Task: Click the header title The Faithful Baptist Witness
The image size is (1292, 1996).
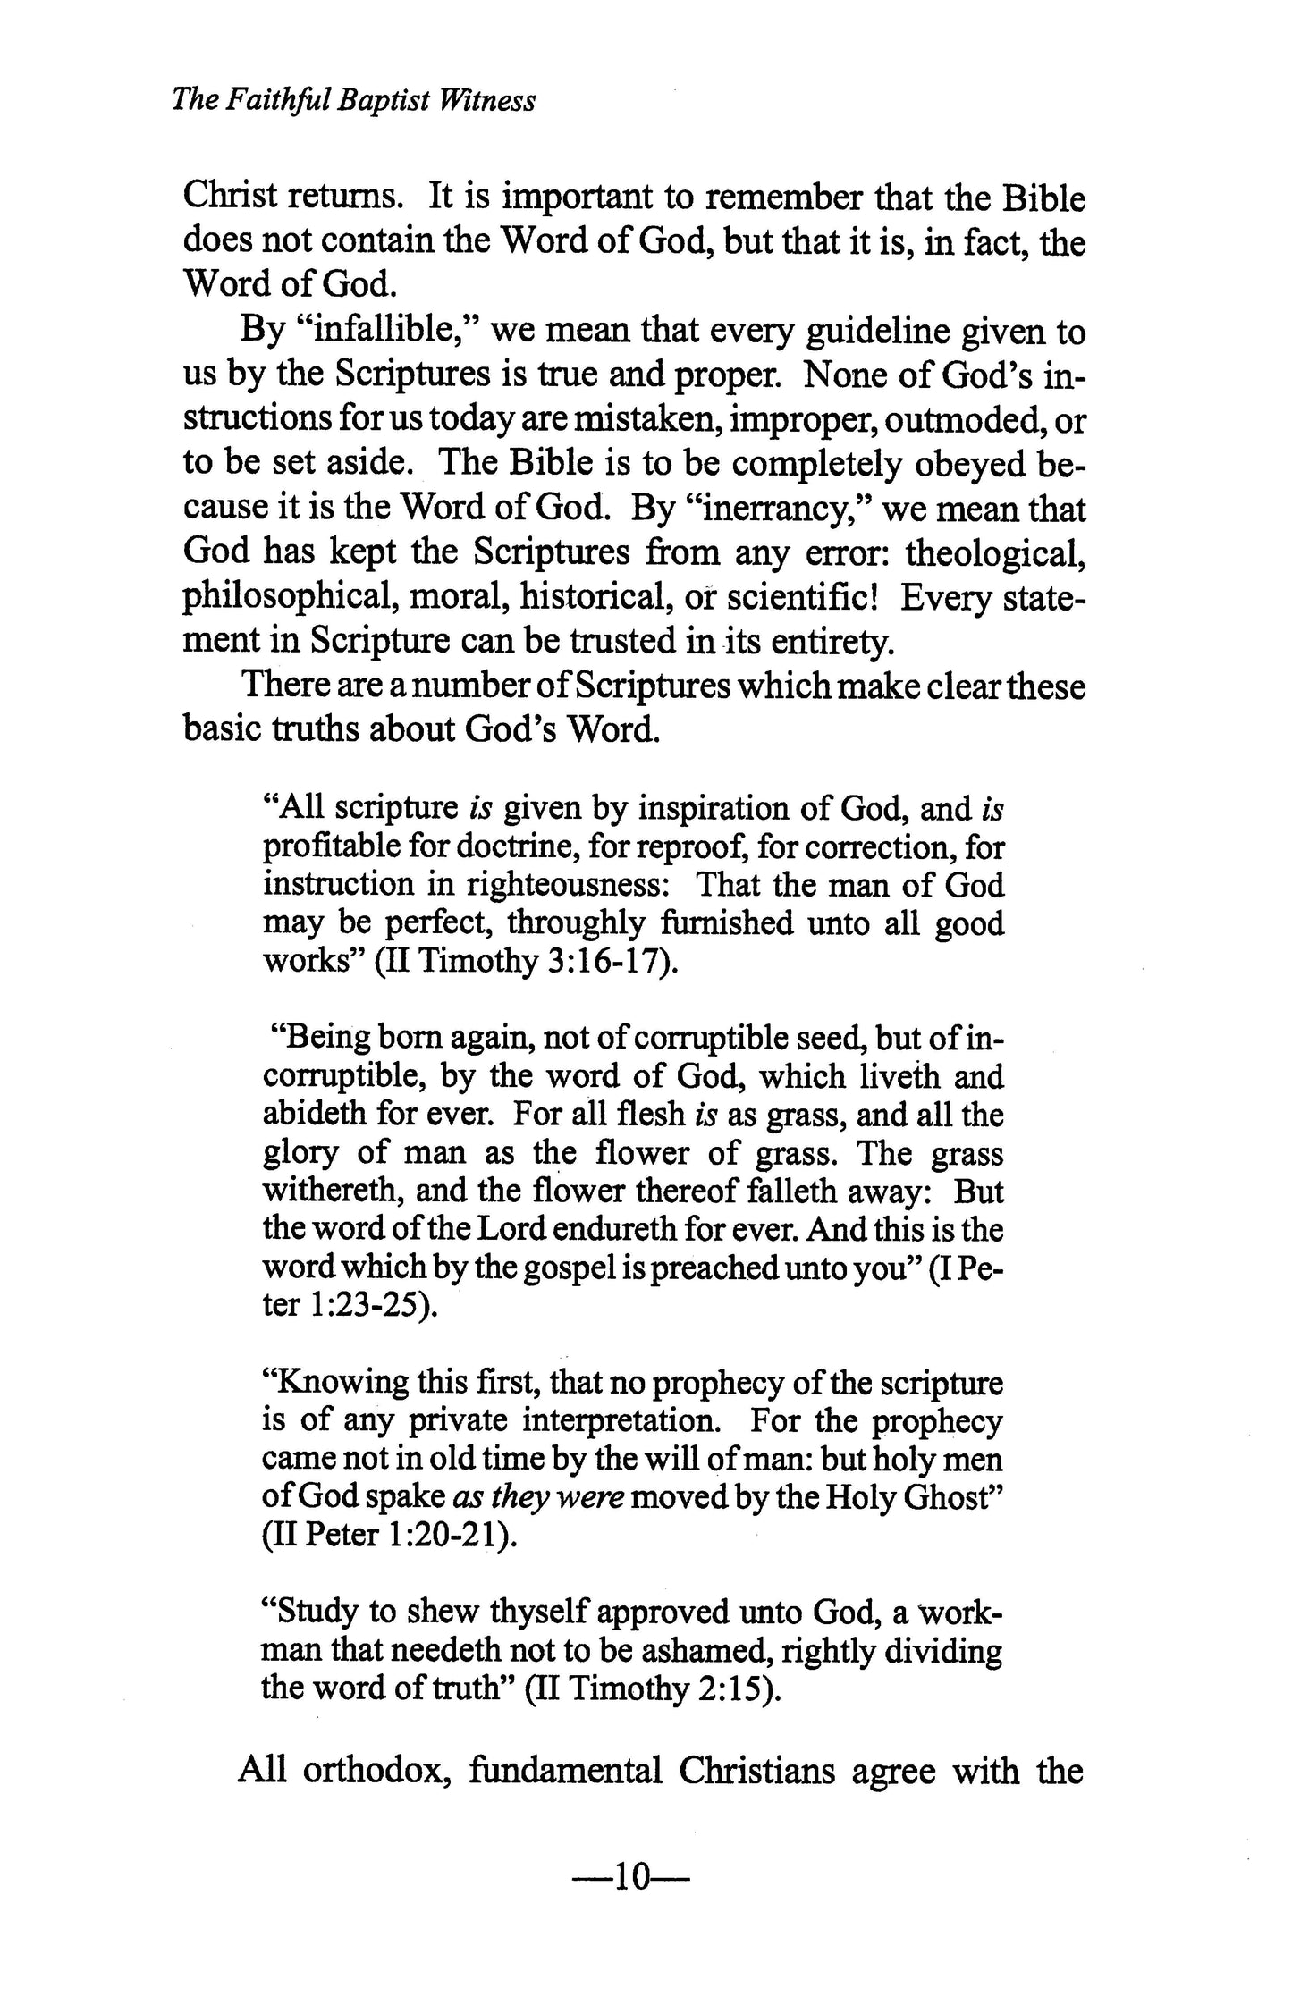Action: coord(353,100)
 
